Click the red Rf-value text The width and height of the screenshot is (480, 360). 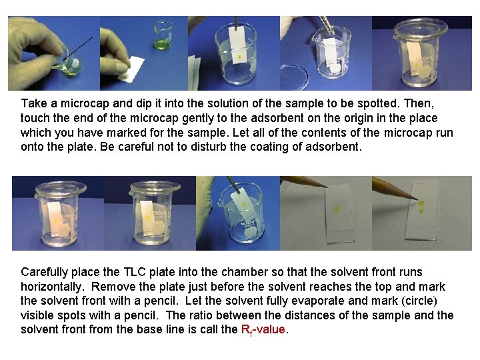click(x=263, y=330)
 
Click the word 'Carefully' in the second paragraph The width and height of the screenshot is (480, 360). click(x=43, y=271)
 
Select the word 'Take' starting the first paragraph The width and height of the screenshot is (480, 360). click(x=33, y=104)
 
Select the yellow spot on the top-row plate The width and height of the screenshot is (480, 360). click(x=238, y=57)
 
